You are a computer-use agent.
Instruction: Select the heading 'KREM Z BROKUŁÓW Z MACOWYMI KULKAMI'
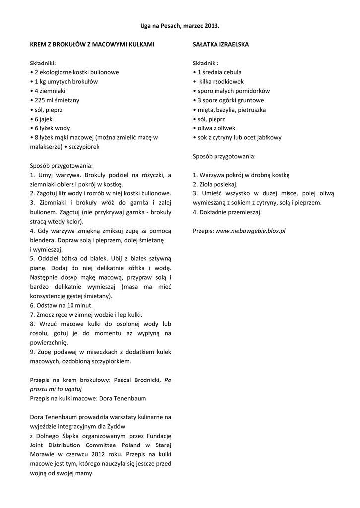click(92, 44)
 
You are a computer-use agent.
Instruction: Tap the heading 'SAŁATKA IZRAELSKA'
click(220, 44)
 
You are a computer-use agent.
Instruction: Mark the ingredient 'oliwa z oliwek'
click(216, 128)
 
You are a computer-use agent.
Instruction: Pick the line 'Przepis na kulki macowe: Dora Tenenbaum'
click(88, 398)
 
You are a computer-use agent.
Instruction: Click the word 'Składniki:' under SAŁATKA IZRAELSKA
click(206, 63)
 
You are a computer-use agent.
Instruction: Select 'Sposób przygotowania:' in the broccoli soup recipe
click(62, 165)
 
